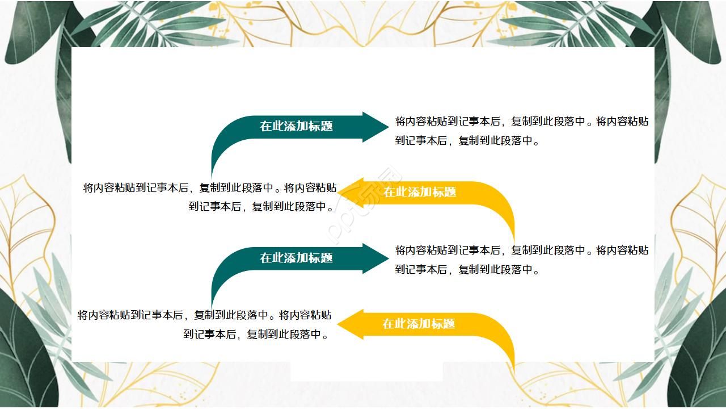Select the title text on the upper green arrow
296,126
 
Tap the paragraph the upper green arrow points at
521,131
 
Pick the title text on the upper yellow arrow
420,192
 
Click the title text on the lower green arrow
296,258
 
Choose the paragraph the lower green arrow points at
521,260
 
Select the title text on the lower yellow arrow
419,324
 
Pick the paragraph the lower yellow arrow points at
204,324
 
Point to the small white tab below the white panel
366,372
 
